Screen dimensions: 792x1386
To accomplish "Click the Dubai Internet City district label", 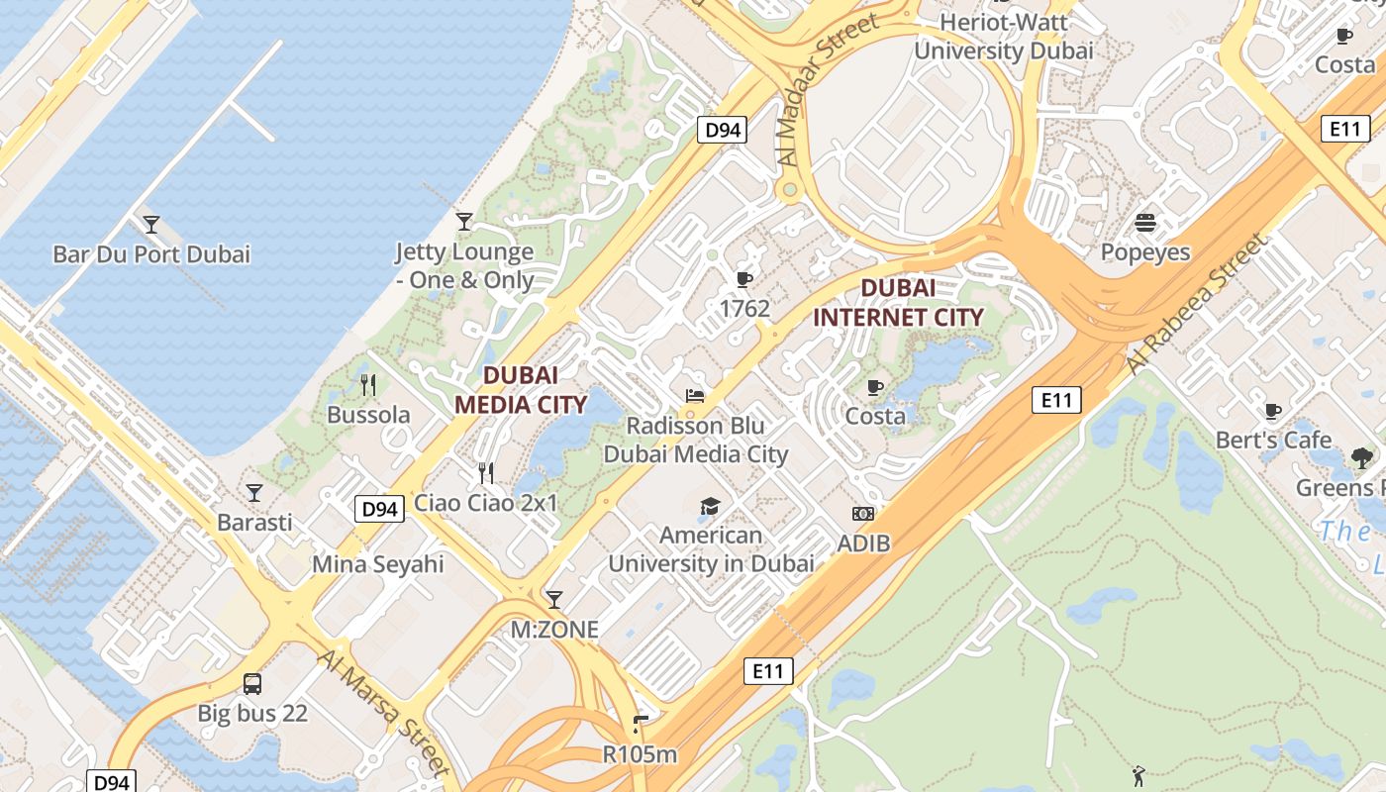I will pyautogui.click(x=898, y=303).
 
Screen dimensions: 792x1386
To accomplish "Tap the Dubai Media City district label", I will pyautogui.click(x=520, y=390).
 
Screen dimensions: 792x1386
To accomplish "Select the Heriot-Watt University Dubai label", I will pyautogui.click(x=1003, y=36).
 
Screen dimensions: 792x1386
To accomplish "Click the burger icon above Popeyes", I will pyautogui.click(x=1145, y=223).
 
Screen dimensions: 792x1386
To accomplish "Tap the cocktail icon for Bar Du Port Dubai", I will pyautogui.click(x=151, y=225).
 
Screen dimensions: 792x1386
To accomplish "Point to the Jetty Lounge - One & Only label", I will pyautogui.click(x=464, y=266).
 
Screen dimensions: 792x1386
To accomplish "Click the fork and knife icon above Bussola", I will pyautogui.click(x=368, y=385).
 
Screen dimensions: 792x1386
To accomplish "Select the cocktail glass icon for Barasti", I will pyautogui.click(x=254, y=492).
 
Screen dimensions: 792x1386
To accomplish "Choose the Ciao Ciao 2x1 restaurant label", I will pyautogui.click(x=485, y=503).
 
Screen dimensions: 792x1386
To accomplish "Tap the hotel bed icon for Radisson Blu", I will pyautogui.click(x=695, y=396).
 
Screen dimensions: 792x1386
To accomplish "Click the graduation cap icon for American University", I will pyautogui.click(x=710, y=507).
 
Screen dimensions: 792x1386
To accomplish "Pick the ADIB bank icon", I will pyautogui.click(x=863, y=514).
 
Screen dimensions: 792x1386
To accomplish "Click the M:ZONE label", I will pyautogui.click(x=554, y=630).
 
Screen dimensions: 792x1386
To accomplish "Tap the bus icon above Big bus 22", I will pyautogui.click(x=252, y=683).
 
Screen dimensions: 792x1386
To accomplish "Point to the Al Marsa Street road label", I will pyautogui.click(x=385, y=711).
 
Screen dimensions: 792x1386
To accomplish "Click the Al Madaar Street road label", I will pyautogui.click(x=828, y=90).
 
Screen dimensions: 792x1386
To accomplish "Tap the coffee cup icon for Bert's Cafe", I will pyautogui.click(x=1273, y=411).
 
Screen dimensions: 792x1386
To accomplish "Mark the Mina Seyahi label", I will pyautogui.click(x=378, y=564).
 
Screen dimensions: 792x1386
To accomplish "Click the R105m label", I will pyautogui.click(x=640, y=754).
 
